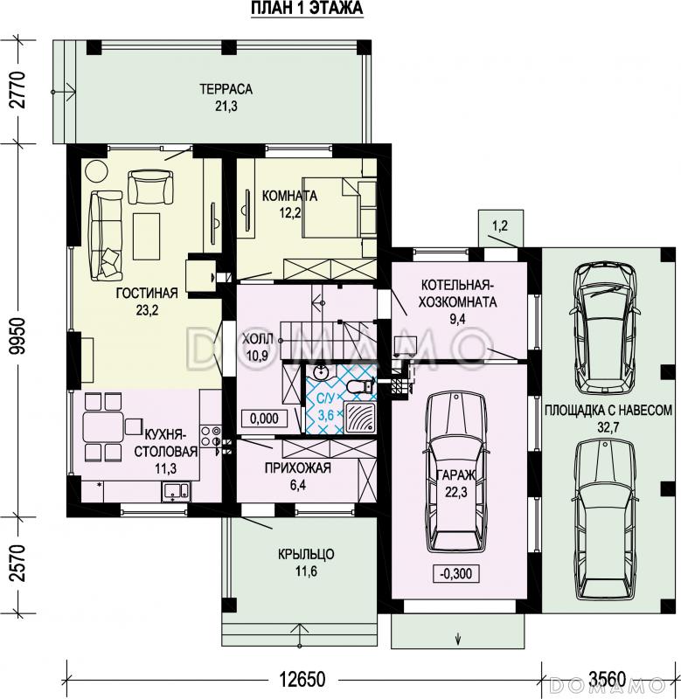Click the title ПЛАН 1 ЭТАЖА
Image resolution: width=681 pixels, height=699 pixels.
[307, 9]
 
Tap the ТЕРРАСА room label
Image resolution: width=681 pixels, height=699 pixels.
[226, 89]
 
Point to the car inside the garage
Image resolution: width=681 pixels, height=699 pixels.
[455, 473]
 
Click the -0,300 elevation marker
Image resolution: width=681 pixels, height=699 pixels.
[455, 573]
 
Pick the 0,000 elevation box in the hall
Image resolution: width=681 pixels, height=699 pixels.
[265, 419]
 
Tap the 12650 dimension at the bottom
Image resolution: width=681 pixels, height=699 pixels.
[302, 680]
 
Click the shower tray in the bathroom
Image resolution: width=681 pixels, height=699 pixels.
[360, 417]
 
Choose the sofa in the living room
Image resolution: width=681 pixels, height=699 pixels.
[106, 236]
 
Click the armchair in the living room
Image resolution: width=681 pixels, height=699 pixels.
[150, 187]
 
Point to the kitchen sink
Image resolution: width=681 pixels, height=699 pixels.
[177, 491]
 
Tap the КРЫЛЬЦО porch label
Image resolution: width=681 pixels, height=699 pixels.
[306, 554]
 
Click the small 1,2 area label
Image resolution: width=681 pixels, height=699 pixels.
[500, 226]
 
